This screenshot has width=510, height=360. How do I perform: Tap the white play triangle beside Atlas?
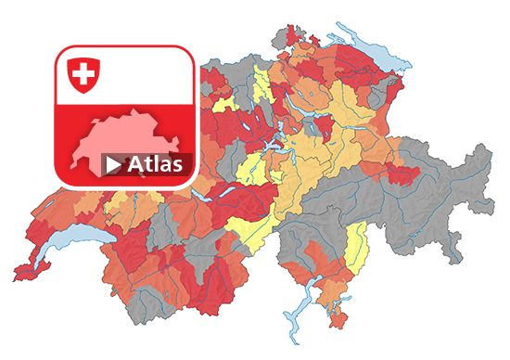(x=113, y=165)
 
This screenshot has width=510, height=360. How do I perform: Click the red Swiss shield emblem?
(x=84, y=75)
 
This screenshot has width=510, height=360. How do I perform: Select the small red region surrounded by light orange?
(x=325, y=124)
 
